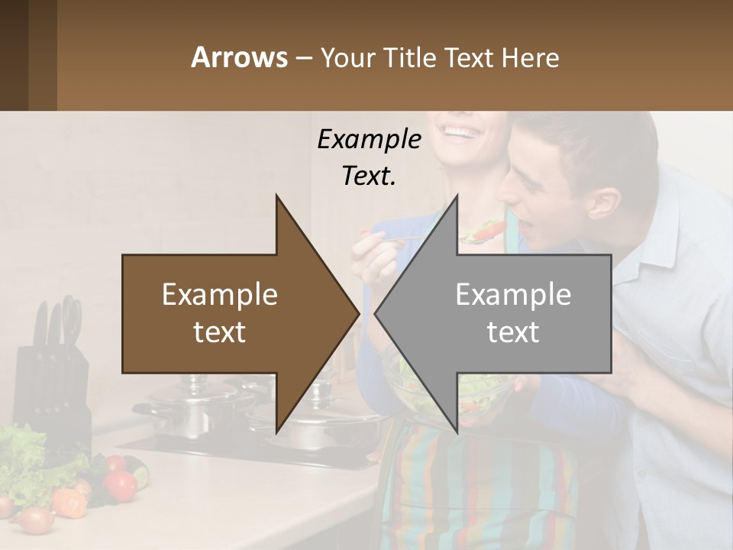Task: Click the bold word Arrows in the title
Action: click(240, 57)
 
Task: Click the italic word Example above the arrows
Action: click(369, 139)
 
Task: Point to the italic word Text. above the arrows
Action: click(369, 176)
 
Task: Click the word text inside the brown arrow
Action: click(220, 332)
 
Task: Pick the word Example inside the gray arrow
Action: click(513, 294)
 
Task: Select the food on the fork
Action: click(489, 229)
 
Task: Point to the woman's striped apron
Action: click(473, 489)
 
